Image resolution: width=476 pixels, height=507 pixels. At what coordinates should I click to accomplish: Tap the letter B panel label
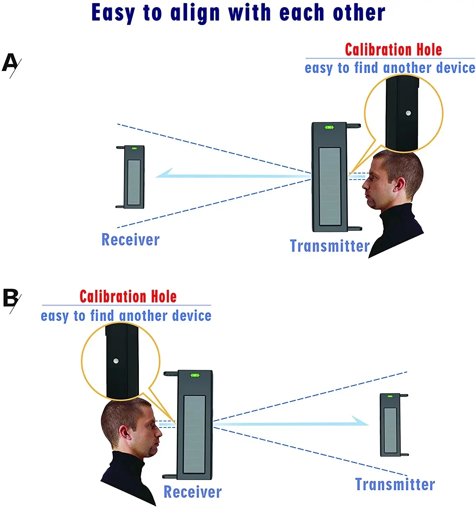10,298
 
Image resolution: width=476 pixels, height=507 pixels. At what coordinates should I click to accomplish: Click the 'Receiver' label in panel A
130,240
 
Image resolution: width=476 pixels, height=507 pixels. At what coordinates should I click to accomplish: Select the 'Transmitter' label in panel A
330,246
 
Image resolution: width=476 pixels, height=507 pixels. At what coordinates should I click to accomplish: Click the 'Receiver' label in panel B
193,492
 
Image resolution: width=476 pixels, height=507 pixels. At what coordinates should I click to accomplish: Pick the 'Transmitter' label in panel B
395,484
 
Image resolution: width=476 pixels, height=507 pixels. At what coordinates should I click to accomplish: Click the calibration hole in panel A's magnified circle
408,113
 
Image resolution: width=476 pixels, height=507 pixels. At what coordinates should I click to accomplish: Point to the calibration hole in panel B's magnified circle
116,361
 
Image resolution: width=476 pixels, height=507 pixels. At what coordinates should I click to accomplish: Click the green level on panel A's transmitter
329,127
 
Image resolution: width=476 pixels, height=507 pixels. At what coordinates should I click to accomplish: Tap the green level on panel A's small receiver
134,148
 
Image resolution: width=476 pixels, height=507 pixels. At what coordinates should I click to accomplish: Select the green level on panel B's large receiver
195,375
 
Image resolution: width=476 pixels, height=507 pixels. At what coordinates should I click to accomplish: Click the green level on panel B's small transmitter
390,396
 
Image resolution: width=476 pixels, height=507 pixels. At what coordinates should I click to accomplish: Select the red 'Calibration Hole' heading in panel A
393,50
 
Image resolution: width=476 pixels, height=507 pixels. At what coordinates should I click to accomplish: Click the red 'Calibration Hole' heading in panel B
128,297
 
